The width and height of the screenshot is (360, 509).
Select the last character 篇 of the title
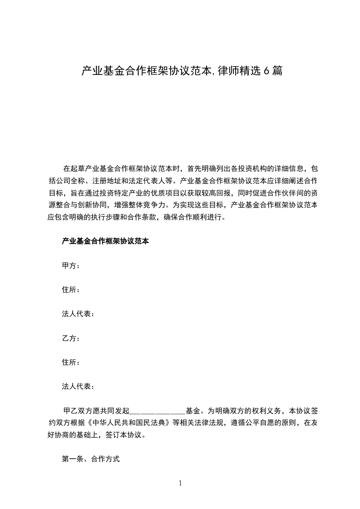277,71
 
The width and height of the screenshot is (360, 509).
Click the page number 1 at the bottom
180,483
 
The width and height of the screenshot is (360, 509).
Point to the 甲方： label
71,266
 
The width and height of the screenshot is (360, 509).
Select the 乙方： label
71,338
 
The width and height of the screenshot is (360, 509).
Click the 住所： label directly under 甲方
71,290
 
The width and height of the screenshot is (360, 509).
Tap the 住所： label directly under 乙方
71,362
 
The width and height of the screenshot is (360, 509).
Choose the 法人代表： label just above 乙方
78,314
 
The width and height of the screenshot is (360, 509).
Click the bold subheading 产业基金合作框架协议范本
105,241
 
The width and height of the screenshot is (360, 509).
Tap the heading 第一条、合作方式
91,459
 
